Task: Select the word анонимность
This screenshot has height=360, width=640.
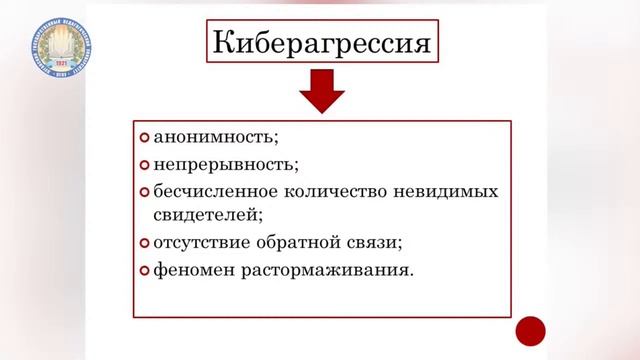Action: tap(207, 137)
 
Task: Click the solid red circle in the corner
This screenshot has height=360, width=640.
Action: tap(530, 329)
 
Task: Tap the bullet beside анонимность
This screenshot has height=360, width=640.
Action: tap(144, 137)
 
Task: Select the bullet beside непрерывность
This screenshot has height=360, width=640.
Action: tap(144, 163)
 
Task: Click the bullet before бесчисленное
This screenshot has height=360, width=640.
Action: tap(144, 190)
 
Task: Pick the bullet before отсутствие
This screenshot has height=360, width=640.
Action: tap(144, 242)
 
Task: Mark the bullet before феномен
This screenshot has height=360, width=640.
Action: tap(144, 270)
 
